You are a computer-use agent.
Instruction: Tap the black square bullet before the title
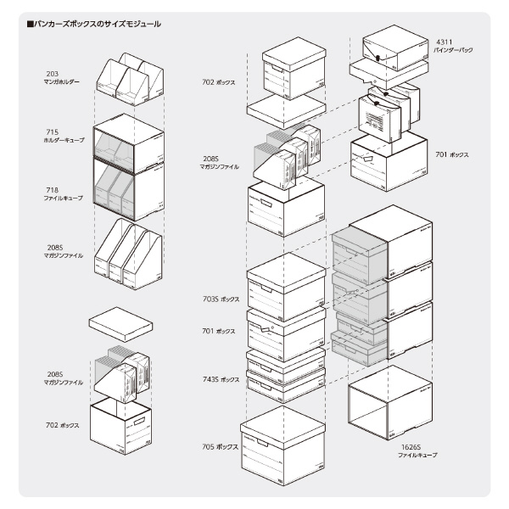30,25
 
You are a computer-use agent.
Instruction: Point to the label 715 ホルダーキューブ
64,136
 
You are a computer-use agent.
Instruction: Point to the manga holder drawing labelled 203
128,77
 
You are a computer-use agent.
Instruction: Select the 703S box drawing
286,281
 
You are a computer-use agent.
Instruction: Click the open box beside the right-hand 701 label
382,157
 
